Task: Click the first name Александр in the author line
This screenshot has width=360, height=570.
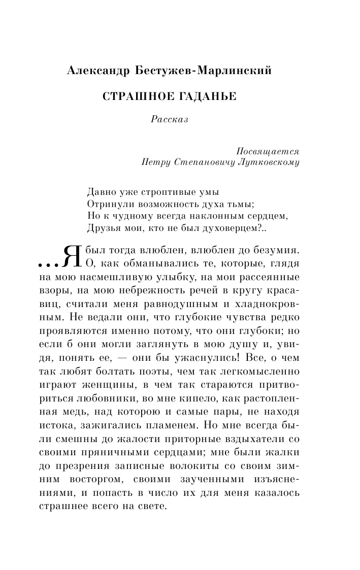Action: coord(96,72)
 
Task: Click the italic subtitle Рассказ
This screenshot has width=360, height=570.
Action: coord(169,120)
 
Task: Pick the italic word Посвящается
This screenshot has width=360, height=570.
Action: coord(268,151)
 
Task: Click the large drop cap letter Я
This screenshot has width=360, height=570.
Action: coord(71,256)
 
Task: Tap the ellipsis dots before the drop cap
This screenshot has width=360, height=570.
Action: coord(48,264)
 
